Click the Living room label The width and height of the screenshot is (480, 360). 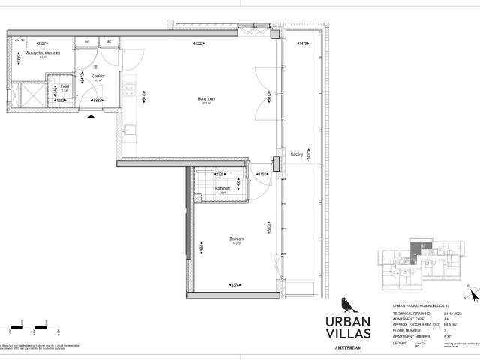click(x=206, y=98)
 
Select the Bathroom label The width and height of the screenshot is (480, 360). click(x=223, y=188)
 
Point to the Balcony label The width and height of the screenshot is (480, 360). click(x=297, y=154)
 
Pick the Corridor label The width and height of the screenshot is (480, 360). click(x=98, y=76)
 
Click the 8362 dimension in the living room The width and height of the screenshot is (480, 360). click(x=199, y=43)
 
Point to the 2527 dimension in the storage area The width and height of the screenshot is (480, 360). click(x=42, y=43)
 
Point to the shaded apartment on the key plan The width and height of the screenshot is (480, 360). click(x=414, y=249)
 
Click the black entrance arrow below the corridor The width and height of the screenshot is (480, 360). click(x=91, y=116)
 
